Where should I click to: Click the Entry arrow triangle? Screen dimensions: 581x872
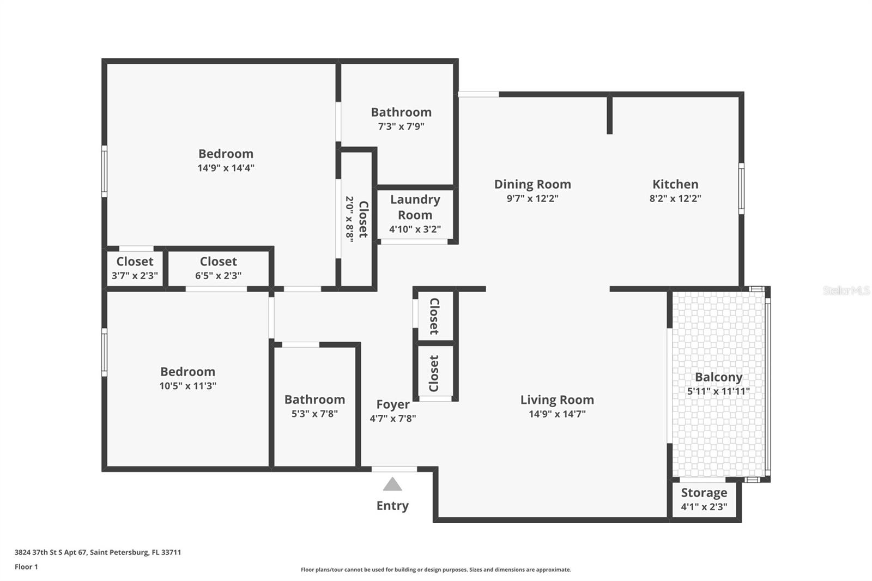click(x=392, y=485)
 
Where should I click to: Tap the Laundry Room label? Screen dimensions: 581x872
click(x=415, y=207)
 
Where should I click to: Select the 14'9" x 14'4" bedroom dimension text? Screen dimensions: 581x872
click(x=226, y=168)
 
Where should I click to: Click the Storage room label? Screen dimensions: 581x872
click(x=704, y=493)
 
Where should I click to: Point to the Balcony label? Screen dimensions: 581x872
click(x=718, y=377)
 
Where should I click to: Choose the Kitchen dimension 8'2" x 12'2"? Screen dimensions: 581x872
click(x=675, y=199)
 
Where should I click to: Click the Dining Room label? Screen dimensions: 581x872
click(x=532, y=184)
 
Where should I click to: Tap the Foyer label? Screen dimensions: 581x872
click(x=392, y=404)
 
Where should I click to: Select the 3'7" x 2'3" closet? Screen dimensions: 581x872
click(x=135, y=268)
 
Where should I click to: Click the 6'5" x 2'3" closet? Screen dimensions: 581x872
click(x=218, y=268)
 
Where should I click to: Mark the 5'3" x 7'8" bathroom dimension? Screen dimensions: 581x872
click(x=314, y=414)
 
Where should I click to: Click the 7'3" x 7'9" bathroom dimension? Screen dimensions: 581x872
click(x=401, y=126)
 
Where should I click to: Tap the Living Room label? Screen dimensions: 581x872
click(x=557, y=400)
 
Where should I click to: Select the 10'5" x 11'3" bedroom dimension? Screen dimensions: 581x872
click(x=187, y=386)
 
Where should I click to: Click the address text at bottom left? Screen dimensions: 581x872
click(x=98, y=552)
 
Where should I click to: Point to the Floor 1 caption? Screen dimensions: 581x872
click(x=26, y=567)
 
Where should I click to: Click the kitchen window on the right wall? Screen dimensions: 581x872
click(x=741, y=189)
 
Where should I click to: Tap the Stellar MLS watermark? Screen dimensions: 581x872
click(x=846, y=290)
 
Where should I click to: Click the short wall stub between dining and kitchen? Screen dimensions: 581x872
click(x=609, y=115)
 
